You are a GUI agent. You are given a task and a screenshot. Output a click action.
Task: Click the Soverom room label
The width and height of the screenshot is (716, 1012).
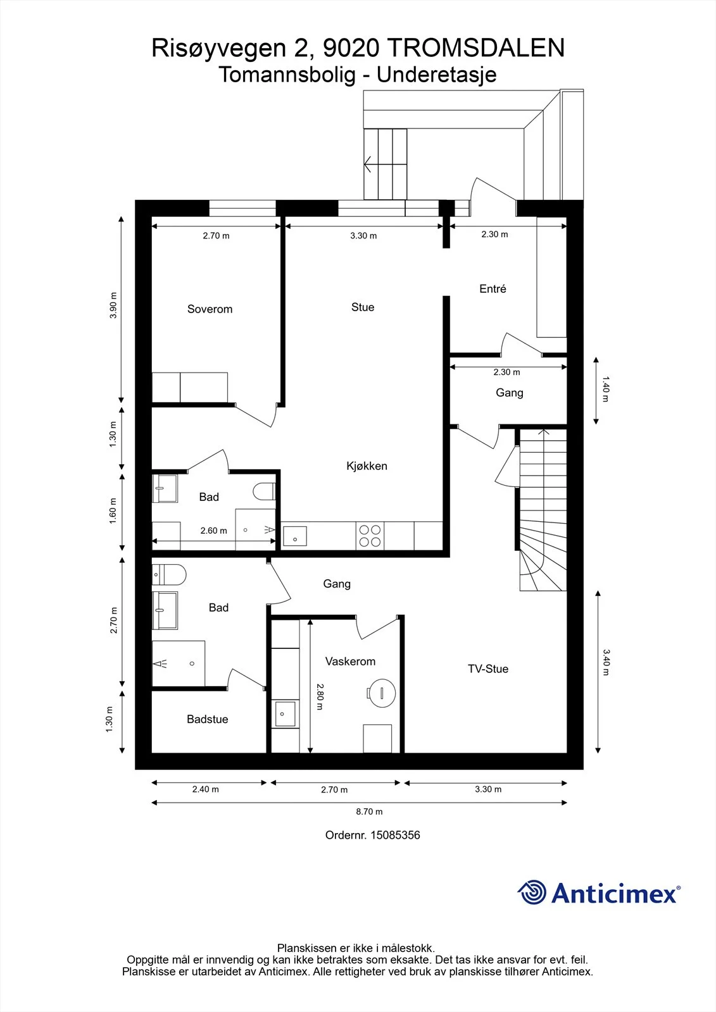210,309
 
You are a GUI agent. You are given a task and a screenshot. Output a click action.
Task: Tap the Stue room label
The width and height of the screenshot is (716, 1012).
363,307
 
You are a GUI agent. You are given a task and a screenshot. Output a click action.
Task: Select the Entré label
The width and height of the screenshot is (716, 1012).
493,288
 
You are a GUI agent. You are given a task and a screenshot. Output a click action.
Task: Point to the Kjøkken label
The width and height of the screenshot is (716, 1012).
367,466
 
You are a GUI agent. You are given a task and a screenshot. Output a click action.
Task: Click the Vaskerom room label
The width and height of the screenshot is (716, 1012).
351,662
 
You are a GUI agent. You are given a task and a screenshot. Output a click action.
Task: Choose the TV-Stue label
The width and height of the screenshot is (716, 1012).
488,669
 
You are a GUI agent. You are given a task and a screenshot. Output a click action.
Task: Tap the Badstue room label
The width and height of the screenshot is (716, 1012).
208,719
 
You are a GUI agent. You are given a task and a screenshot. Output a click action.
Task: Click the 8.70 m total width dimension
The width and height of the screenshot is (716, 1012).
369,811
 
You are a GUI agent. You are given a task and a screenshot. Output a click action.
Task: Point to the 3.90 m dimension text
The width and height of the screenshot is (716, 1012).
113,305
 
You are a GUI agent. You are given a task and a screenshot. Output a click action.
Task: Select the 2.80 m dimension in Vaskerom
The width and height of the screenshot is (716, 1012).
320,696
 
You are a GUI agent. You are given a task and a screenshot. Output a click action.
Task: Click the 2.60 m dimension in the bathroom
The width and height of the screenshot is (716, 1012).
214,531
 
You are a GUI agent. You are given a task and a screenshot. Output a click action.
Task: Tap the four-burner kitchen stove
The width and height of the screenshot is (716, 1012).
370,535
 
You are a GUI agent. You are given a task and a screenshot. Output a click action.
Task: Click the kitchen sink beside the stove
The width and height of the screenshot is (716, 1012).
295,536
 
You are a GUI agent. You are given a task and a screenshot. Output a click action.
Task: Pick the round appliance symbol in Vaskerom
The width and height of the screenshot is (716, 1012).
381,693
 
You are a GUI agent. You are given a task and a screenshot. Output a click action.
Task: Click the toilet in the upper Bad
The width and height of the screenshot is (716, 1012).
264,491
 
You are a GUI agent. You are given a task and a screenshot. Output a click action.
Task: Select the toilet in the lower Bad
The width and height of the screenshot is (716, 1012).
168,575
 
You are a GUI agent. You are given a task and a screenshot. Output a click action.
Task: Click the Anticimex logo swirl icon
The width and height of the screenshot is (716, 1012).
532,892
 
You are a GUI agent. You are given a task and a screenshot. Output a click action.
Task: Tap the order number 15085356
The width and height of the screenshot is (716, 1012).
395,835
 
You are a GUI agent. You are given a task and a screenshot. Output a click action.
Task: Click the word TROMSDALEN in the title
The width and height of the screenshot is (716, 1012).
477,48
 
